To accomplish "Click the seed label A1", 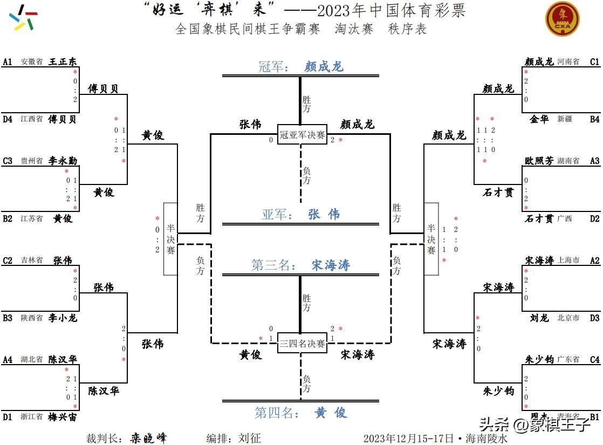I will tap(8, 61).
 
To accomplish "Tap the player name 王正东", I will tap(63, 61).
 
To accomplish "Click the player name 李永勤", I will tap(63, 161).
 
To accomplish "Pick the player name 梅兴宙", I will tap(63, 417).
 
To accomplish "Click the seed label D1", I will tap(8, 417).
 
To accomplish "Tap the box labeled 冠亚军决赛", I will tap(302, 135).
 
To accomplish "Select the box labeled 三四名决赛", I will tap(302, 343).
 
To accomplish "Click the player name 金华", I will tap(539, 119).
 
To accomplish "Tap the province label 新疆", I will tap(565, 119).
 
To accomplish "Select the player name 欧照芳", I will tap(539, 161).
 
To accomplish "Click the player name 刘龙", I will tap(539, 318).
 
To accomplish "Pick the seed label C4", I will tap(594, 359).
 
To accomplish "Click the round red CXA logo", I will tap(563, 19).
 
